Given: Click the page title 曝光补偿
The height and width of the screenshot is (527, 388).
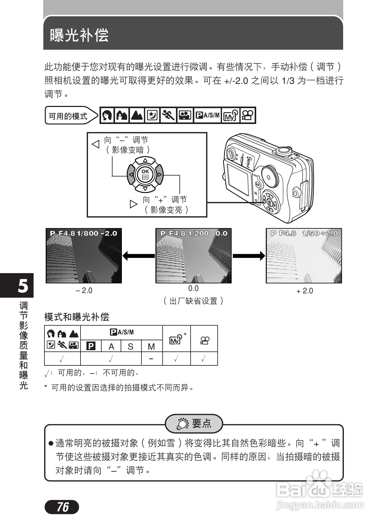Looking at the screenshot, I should tap(79, 35).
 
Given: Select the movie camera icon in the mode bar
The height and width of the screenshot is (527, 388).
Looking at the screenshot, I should tap(248, 115).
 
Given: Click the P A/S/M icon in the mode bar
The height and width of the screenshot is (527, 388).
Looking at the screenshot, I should tap(207, 115).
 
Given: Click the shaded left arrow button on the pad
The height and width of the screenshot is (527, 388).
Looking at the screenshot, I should tap(131, 175).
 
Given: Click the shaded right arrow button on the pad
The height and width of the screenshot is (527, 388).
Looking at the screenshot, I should tap(159, 175).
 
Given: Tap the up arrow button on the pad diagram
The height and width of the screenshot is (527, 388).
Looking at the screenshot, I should tap(145, 160).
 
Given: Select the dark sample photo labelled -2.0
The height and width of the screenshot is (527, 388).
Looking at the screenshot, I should tap(84, 255).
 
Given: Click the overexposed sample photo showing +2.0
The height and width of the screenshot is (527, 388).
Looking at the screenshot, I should tap(304, 255).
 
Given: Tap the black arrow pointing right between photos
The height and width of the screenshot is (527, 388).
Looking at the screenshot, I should tap(249, 256).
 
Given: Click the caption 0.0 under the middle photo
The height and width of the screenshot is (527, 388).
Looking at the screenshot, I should tap(193, 288).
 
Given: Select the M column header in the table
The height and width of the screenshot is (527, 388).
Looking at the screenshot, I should tap(151, 346).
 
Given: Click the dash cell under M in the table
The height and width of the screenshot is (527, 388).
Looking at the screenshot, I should tap(151, 359).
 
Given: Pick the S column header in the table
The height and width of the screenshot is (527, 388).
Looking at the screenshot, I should tap(131, 346).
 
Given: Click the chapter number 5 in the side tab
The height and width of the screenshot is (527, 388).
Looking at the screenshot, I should tap(23, 286).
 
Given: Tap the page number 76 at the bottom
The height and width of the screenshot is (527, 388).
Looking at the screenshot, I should tap(62, 507).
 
